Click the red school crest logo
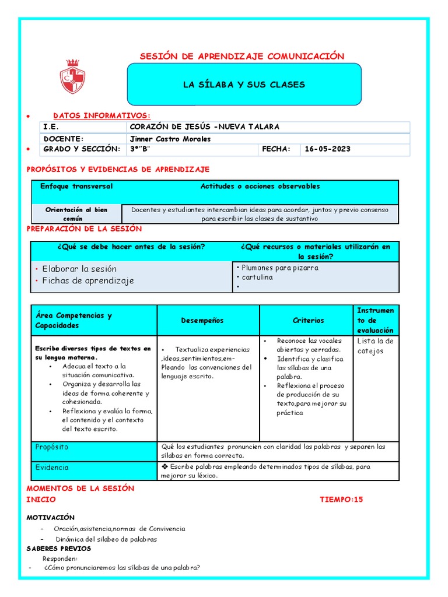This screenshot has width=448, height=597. click(72, 78)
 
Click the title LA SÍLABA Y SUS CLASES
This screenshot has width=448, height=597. click(244, 85)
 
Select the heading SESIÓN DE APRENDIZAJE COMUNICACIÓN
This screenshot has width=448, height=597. click(242, 56)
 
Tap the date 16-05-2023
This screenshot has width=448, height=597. click(327, 149)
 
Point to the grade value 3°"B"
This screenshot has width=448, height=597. click(140, 149)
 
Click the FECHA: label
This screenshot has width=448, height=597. click(276, 149)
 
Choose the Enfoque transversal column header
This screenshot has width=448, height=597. click(76, 187)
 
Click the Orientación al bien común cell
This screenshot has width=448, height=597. click(76, 213)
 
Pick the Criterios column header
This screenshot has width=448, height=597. click(308, 321)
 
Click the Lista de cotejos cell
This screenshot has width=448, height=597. click(375, 346)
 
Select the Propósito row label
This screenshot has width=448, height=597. click(51, 447)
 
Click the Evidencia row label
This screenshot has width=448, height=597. click(51, 468)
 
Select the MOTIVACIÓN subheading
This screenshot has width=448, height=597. click(51, 518)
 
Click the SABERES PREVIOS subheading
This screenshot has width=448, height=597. click(59, 549)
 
